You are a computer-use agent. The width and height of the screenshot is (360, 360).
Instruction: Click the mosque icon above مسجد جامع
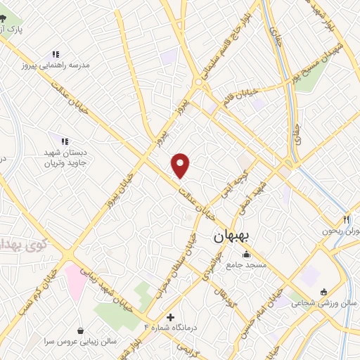pos(246,255)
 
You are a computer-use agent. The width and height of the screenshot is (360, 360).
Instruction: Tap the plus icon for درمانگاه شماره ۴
pos(169,317)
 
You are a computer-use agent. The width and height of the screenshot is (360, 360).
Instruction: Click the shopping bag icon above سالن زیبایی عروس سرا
pos(82,330)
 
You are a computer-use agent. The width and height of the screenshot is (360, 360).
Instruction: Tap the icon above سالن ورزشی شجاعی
pos(323,292)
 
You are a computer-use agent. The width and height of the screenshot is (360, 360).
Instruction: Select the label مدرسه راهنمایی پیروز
pos(56,65)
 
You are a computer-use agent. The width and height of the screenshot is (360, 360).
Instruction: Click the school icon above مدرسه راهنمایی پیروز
pos(55,54)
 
